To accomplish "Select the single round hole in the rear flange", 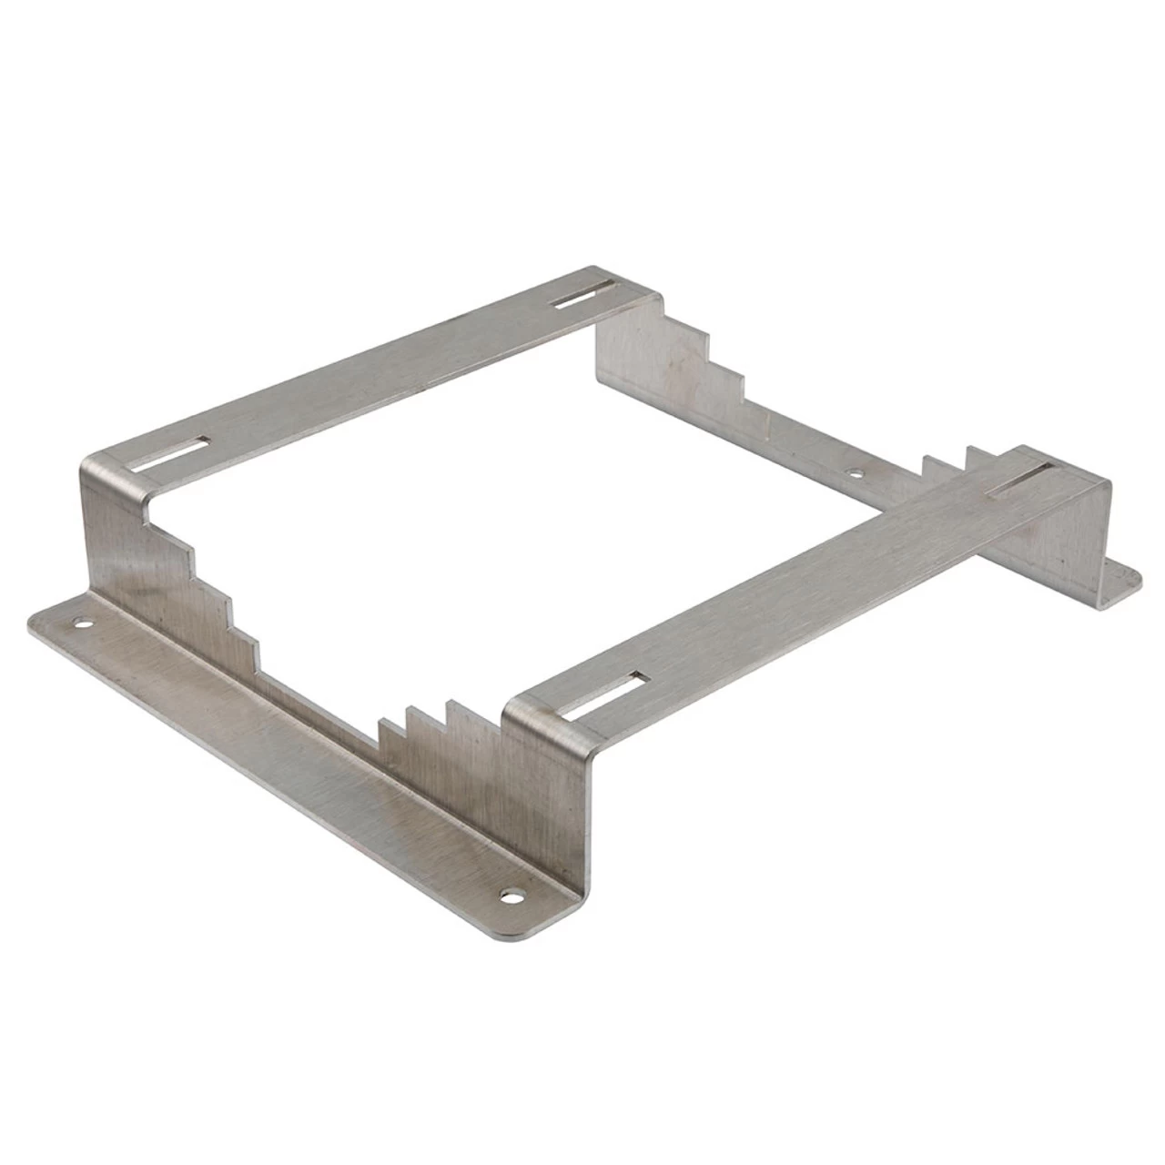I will click(x=854, y=472).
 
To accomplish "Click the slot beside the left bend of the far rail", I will click(x=170, y=452).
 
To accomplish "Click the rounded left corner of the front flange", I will click(x=36, y=622).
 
